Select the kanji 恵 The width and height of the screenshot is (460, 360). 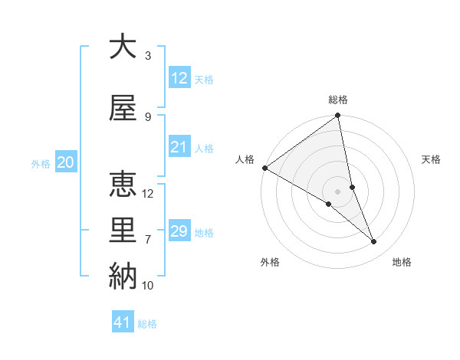123,184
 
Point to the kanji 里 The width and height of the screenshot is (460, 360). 123,231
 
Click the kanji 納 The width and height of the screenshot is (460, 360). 123,276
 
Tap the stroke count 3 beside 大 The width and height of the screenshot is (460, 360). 148,55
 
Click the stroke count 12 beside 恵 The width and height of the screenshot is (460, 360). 149,193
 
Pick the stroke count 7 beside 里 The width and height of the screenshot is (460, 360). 148,239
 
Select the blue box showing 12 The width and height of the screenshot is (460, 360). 179,78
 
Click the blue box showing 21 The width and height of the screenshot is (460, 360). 179,147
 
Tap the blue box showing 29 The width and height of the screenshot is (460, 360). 179,231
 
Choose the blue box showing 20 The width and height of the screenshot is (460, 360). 66,162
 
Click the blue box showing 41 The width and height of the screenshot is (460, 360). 123,322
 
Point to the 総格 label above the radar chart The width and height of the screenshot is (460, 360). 338,100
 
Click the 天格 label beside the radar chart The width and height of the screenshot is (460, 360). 432,159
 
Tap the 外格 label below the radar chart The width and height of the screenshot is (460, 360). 270,262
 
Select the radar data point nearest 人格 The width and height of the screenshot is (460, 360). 264,168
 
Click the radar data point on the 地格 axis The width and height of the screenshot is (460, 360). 374,241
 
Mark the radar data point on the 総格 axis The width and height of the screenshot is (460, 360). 338,116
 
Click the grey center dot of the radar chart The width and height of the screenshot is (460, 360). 338,191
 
